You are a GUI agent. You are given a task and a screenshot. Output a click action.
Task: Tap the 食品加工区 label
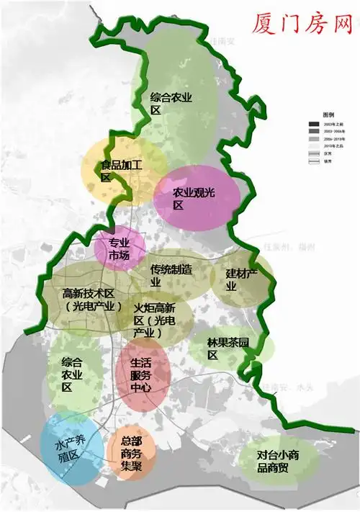click(121, 170)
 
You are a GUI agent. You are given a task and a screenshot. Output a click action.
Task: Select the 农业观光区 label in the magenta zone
click(194, 199)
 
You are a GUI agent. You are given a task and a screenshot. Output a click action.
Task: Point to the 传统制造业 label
click(171, 276)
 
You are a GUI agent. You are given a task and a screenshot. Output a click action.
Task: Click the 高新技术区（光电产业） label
click(89, 300)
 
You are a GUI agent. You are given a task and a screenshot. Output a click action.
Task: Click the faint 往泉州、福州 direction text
click(289, 247)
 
